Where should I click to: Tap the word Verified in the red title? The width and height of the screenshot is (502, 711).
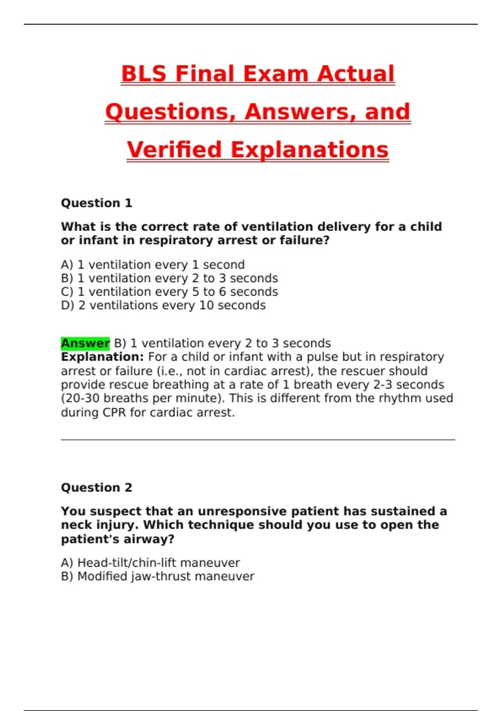tap(174, 150)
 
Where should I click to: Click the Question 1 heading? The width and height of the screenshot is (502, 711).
tap(96, 203)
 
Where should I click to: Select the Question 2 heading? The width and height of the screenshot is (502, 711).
tap(96, 488)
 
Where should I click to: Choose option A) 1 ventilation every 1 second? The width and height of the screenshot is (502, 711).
tap(153, 265)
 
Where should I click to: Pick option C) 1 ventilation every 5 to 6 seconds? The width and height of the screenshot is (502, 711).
tap(169, 292)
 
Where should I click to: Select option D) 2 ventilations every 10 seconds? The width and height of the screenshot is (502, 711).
tap(163, 306)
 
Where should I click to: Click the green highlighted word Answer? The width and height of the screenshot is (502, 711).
tap(85, 343)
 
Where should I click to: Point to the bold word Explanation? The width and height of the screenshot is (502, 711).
tap(102, 357)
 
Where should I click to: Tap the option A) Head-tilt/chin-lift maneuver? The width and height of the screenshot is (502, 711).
tap(150, 563)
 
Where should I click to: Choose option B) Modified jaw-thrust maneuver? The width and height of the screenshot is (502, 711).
tap(157, 577)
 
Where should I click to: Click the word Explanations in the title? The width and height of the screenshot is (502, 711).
tap(310, 150)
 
